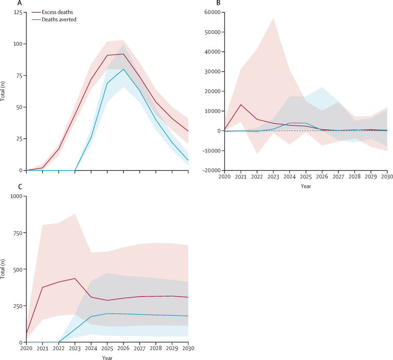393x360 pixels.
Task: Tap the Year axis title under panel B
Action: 306,186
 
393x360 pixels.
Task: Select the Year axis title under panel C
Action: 107,358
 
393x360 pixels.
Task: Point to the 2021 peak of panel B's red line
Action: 241,105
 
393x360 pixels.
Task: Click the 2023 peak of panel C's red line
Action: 75,278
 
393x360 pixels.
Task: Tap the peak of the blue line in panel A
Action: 124,69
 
